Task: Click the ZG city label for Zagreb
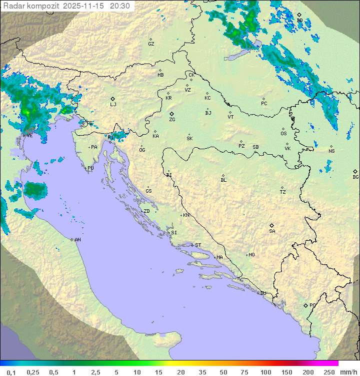point(172,120)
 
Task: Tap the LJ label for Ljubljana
point(113,105)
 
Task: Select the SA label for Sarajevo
point(272,231)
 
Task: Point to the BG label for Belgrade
point(355,177)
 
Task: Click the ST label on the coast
point(198,245)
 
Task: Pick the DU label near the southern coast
point(262,293)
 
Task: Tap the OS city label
point(283,134)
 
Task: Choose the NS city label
point(331,151)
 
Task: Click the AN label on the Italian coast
point(77,240)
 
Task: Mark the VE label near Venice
point(29,135)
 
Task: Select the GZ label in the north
point(151,44)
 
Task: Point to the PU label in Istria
point(90,168)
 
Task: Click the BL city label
point(223,180)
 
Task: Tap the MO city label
point(251,255)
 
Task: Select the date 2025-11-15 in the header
point(83,6)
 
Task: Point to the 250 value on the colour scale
point(329,372)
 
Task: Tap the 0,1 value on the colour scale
point(11,372)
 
